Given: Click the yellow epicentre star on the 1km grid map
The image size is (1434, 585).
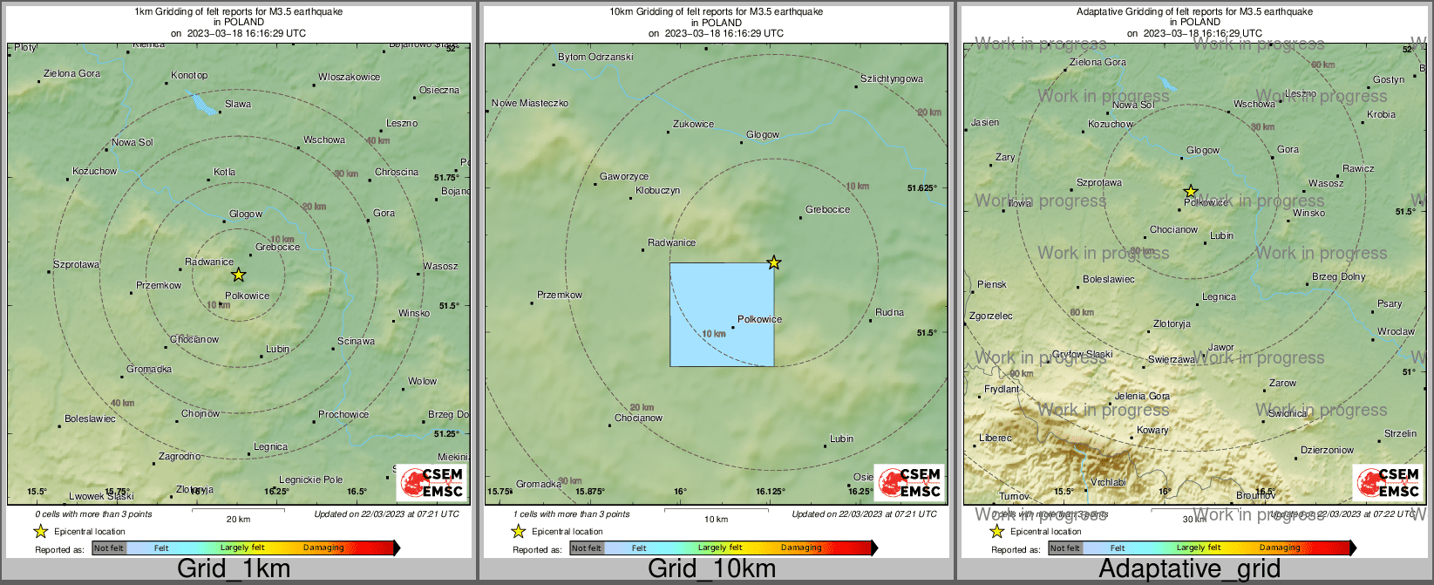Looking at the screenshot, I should [x=238, y=275].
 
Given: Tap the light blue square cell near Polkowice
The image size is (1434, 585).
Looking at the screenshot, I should [x=722, y=314].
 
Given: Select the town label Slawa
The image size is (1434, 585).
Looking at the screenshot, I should [x=238, y=104].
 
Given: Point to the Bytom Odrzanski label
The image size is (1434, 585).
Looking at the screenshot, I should [x=595, y=57].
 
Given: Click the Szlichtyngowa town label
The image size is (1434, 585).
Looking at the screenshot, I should [x=891, y=78].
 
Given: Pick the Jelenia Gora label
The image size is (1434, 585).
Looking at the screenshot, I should [x=1142, y=396].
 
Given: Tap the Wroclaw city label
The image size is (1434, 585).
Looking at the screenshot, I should [x=1396, y=331].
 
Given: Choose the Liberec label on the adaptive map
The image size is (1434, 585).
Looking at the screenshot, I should [x=996, y=438].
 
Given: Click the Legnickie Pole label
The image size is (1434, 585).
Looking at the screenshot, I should [x=310, y=480].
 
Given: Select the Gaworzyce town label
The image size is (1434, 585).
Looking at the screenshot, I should [x=624, y=176].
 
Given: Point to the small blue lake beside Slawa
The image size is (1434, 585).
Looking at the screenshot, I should [x=203, y=104].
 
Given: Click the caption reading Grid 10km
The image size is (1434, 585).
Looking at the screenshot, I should [x=711, y=569].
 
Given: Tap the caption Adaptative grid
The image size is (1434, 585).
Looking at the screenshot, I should [x=1189, y=569].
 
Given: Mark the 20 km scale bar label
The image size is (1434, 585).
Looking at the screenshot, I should [x=238, y=519].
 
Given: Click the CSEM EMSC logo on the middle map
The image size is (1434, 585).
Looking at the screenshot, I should [x=908, y=482].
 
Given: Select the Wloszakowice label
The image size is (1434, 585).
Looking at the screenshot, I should [x=349, y=77].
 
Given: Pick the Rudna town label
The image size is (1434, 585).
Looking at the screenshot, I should [x=889, y=312].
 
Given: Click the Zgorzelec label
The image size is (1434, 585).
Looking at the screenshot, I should [x=991, y=316].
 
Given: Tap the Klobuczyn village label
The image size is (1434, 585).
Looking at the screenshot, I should [x=657, y=190].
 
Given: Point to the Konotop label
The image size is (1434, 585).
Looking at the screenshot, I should [x=189, y=75].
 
